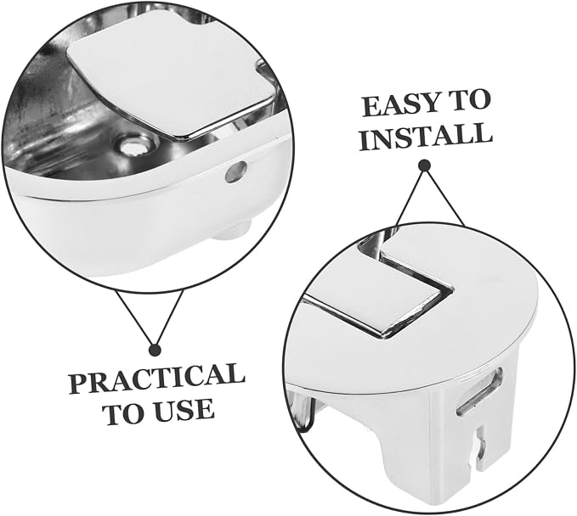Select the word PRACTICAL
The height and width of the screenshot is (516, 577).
156,379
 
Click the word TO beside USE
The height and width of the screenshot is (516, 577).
126,412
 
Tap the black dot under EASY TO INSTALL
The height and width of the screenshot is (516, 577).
426,165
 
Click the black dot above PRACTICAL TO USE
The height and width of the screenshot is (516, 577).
155,350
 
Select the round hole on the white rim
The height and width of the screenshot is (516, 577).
236,171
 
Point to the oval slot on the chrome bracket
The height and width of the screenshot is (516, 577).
479,392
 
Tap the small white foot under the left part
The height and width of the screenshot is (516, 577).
232,231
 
